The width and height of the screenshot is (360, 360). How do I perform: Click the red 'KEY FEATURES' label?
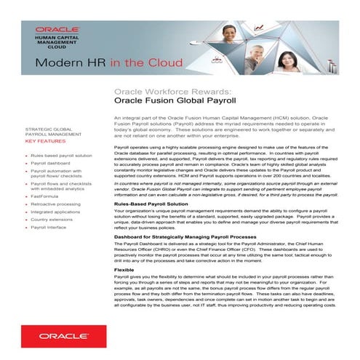pyautogui.click(x=45, y=141)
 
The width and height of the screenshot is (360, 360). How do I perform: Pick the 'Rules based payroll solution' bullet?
pyautogui.click(x=61, y=155)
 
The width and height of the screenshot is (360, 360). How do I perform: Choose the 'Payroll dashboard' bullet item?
pyautogui.click(x=53, y=164)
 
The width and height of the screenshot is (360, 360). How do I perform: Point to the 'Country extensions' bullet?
pyautogui.click(x=54, y=219)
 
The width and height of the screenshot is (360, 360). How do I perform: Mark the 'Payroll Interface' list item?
pyautogui.click(x=52, y=227)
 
